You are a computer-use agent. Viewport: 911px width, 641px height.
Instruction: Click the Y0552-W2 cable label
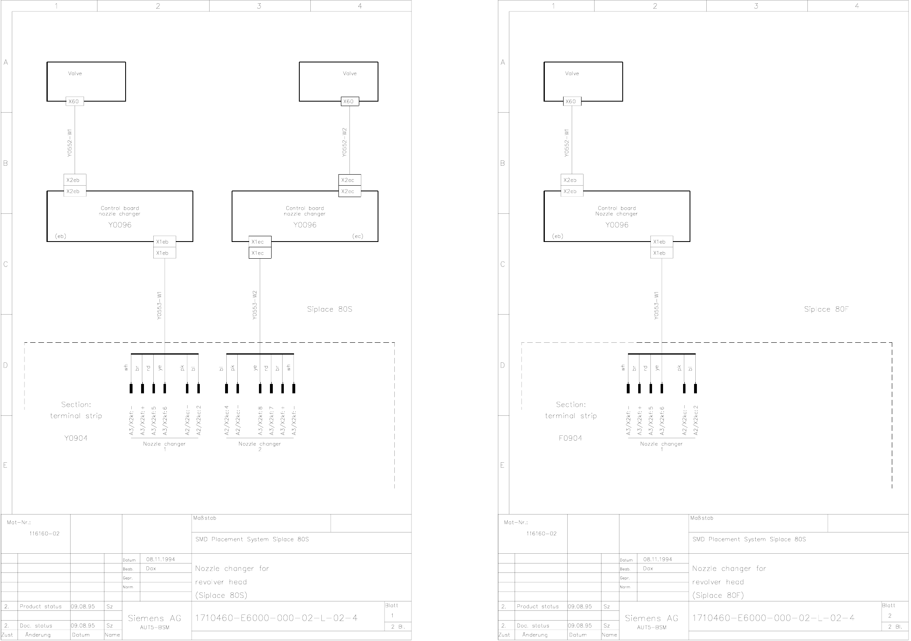tap(345, 143)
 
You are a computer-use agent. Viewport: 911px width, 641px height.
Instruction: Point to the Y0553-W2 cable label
tap(254, 305)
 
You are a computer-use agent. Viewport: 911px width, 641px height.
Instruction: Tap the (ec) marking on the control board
tap(358, 236)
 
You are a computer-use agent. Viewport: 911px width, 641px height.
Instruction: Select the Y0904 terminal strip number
tap(76, 438)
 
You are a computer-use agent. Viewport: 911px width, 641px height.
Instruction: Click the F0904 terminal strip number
tap(570, 438)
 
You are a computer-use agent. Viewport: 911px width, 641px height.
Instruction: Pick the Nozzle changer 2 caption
tap(260, 446)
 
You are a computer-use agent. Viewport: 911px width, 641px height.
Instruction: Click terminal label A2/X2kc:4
tap(227, 420)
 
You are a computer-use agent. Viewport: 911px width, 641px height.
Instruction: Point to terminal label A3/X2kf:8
tap(260, 420)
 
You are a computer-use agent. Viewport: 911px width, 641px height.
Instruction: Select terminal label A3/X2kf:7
tap(271, 420)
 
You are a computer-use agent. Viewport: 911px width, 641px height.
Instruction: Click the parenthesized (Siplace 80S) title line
tap(221, 595)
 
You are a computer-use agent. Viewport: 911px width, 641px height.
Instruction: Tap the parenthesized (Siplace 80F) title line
tap(718, 595)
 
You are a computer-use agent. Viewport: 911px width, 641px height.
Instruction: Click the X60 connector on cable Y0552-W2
tap(349, 102)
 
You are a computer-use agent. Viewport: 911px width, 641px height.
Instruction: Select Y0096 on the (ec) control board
tap(305, 225)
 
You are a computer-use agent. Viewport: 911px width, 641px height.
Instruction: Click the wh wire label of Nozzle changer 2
tap(289, 368)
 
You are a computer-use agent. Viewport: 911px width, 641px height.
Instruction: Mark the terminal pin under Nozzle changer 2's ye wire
tap(260, 388)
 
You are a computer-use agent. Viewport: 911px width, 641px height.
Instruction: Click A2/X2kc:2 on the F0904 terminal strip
tap(696, 420)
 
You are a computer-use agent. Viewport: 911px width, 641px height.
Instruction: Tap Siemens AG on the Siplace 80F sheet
tap(651, 618)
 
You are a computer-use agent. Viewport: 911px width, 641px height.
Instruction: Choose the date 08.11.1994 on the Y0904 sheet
tap(161, 559)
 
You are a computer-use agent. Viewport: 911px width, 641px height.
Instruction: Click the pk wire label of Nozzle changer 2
tap(233, 368)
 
